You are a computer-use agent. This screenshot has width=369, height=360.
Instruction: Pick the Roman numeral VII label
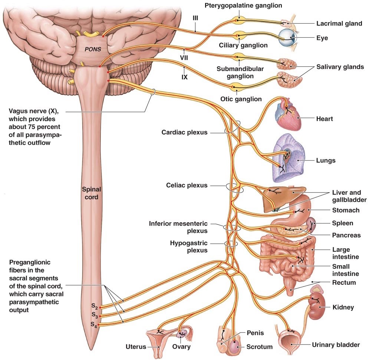point(185,58)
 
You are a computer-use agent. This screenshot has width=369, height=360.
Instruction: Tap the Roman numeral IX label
point(184,78)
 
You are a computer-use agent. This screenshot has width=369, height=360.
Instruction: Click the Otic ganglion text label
point(241,99)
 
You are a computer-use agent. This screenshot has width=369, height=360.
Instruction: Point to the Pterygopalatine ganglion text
point(243,6)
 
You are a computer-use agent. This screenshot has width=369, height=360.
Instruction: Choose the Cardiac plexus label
point(184,132)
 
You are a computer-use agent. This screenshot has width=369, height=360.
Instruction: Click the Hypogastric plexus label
point(189,247)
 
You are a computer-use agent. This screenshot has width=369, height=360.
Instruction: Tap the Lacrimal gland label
point(339,24)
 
